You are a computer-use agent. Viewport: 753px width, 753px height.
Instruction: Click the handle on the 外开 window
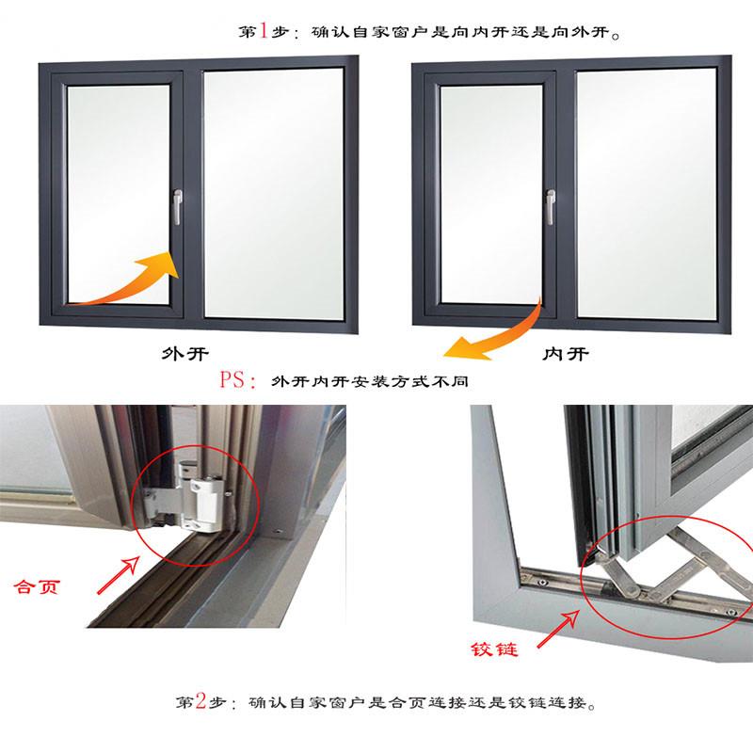tap(177, 207)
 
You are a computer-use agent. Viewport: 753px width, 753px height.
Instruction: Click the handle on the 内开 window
tap(551, 207)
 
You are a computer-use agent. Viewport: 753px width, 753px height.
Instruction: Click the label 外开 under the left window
tap(184, 355)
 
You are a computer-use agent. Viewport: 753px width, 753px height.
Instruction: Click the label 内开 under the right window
tap(566, 355)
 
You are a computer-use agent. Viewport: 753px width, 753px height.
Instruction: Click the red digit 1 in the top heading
tap(264, 31)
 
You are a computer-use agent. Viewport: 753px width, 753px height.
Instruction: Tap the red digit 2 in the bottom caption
tap(200, 701)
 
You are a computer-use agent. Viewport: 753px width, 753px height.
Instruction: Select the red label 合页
tap(37, 586)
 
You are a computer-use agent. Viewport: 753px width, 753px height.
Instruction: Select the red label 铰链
tap(494, 649)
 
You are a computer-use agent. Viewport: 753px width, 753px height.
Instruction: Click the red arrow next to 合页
tap(119, 575)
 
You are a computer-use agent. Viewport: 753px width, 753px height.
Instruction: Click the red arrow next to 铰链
tap(558, 629)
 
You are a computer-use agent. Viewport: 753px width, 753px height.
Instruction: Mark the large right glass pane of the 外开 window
tap(274, 194)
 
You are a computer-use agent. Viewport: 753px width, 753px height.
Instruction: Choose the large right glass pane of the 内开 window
tap(647, 194)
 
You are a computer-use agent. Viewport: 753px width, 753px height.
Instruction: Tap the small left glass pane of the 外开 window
tap(119, 194)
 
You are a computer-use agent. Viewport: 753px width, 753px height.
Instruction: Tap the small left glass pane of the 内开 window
tap(491, 194)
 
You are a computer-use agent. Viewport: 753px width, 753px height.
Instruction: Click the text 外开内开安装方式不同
tap(369, 381)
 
